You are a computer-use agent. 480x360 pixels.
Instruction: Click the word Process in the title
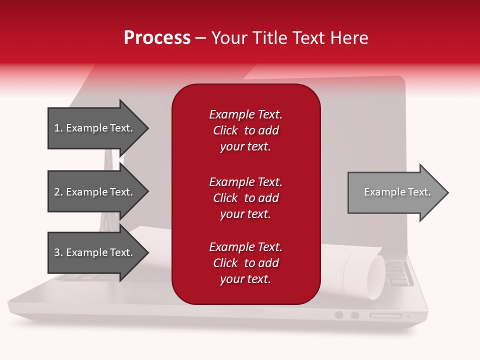click(x=157, y=38)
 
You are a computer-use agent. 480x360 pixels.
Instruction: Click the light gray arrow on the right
click(x=395, y=192)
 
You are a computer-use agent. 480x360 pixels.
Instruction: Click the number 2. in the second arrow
click(x=58, y=192)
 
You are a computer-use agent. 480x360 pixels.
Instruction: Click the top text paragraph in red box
click(x=245, y=130)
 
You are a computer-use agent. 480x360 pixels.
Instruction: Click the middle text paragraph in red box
click(x=245, y=198)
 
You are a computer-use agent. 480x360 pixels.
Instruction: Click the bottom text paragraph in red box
click(x=245, y=263)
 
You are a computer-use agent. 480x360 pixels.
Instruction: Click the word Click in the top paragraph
click(x=225, y=130)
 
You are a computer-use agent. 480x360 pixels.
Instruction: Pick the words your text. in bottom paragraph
click(x=245, y=279)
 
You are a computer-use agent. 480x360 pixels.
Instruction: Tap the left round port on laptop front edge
click(x=339, y=315)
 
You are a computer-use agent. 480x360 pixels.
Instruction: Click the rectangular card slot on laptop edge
click(x=385, y=315)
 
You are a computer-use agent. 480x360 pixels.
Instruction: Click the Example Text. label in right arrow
click(x=397, y=192)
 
